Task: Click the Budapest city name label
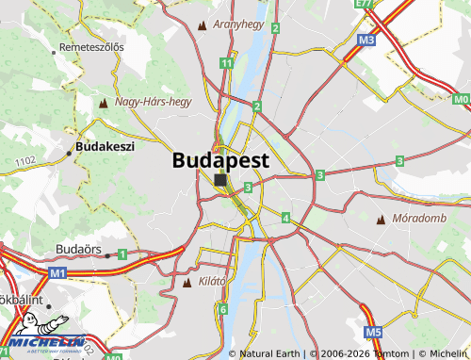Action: (x=220, y=160)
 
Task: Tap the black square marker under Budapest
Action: (x=220, y=179)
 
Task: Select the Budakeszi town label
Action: (x=105, y=146)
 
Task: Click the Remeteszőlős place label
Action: (x=91, y=47)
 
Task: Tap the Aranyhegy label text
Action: (x=238, y=24)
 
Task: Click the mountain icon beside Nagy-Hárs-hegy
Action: (x=104, y=101)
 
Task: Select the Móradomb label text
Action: (x=419, y=219)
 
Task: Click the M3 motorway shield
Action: (x=366, y=41)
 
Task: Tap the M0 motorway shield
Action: (x=460, y=99)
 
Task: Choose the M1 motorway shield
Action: (x=58, y=272)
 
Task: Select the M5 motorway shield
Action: (x=373, y=332)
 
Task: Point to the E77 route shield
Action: (x=364, y=5)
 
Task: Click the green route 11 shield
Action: (x=226, y=63)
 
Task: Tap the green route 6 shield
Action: (x=222, y=309)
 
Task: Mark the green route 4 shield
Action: (x=285, y=218)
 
